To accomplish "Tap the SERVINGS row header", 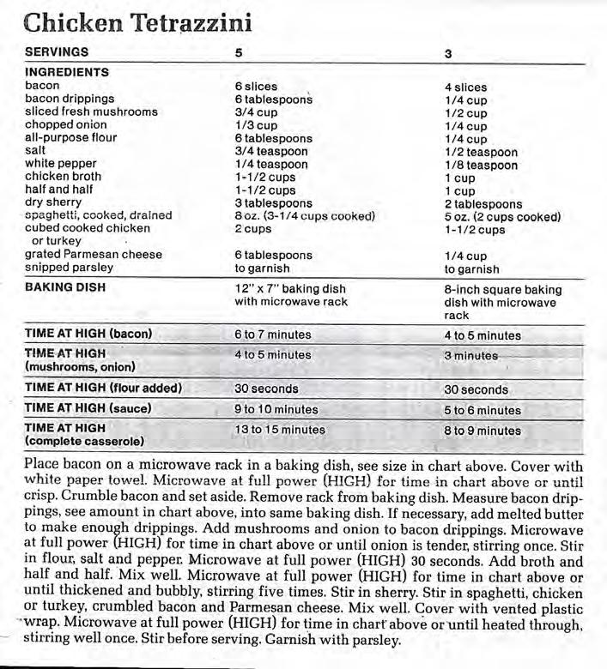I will [57, 52].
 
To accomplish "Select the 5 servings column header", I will [239, 53].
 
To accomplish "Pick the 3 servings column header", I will [448, 54].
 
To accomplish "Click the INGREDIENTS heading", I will [67, 72].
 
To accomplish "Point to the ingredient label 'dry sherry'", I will [53, 202].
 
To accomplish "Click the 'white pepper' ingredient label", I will [60, 163].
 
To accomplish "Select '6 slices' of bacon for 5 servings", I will [256, 87].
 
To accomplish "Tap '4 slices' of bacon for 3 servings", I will [465, 87].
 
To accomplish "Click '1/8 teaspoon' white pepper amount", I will [481, 166].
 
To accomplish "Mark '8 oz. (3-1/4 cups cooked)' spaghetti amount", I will [305, 216].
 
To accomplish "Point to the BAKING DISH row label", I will [65, 287].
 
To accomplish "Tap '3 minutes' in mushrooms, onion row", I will [470, 355].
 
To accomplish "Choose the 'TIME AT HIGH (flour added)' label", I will [103, 388].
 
